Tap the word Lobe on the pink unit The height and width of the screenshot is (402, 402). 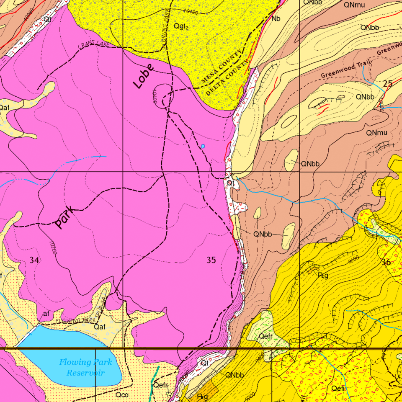pyautogui.click(x=144, y=76)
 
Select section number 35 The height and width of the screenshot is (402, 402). pyautogui.click(x=211, y=260)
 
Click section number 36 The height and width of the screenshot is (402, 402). pyautogui.click(x=386, y=262)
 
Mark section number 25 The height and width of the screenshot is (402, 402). pyautogui.click(x=388, y=83)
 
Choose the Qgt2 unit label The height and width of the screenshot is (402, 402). pyautogui.click(x=181, y=26)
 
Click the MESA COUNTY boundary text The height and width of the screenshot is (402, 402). pyautogui.click(x=222, y=66)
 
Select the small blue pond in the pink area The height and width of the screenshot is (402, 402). pyautogui.click(x=203, y=146)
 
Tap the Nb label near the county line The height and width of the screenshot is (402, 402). pyautogui.click(x=276, y=19)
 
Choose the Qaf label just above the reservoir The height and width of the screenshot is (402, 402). pyautogui.click(x=99, y=326)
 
